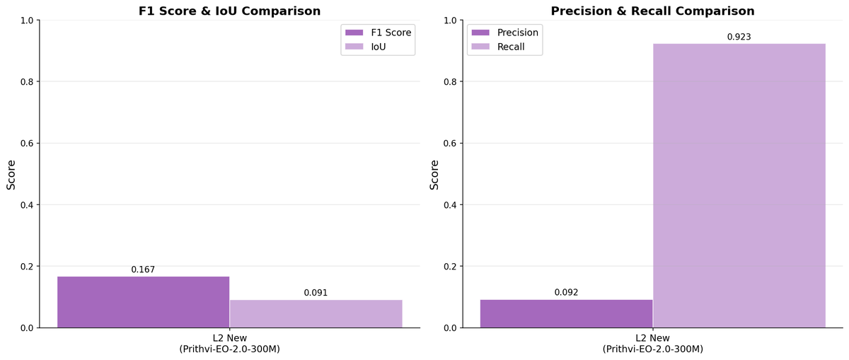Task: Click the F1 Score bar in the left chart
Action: click(143, 302)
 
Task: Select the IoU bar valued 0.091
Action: click(316, 314)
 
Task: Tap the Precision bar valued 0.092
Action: click(566, 313)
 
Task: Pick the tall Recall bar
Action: click(739, 185)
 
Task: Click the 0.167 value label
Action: click(143, 270)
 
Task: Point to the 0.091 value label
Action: click(316, 293)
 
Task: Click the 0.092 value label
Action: click(566, 292)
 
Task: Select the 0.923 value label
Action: click(739, 37)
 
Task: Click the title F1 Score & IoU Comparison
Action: click(229, 11)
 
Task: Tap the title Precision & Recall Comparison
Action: click(652, 11)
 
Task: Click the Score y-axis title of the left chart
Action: click(11, 174)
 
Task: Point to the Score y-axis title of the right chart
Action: click(434, 174)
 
